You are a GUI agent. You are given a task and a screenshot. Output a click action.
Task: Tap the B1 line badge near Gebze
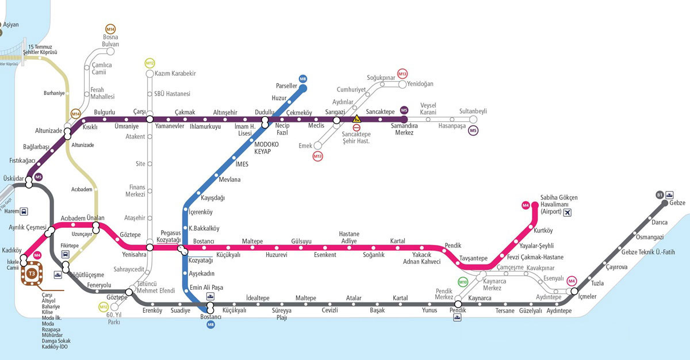pos(660,196)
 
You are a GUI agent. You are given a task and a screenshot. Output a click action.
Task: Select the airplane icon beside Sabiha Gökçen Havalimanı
pos(569,213)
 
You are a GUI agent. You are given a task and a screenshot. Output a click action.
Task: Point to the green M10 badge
pos(463,282)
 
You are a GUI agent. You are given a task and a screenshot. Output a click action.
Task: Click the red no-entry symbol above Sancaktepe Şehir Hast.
pos(356,127)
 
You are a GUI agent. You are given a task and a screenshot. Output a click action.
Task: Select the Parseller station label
pos(286,86)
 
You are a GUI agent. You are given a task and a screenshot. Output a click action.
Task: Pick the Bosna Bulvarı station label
pos(110,40)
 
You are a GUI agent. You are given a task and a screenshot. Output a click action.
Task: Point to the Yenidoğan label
pos(420,84)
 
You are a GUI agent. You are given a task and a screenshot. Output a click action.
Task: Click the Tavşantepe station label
pos(474,258)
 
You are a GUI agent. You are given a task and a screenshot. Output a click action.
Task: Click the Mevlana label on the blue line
pos(230,180)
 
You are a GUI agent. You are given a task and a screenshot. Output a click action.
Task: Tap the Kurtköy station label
pos(543,231)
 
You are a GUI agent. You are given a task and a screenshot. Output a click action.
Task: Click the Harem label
pos(11,211)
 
